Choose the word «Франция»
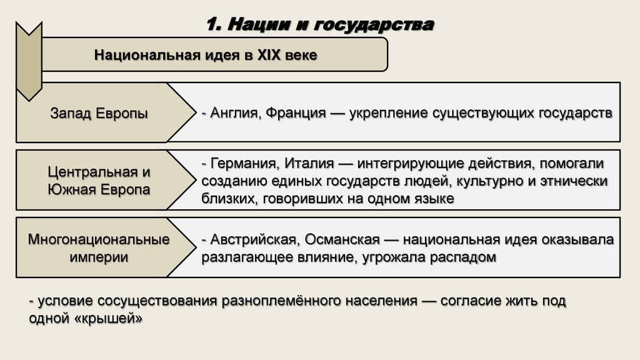tap(295, 112)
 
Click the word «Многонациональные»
tap(99, 239)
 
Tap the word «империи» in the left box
tap(99, 257)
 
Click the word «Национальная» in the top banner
tap(144, 55)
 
